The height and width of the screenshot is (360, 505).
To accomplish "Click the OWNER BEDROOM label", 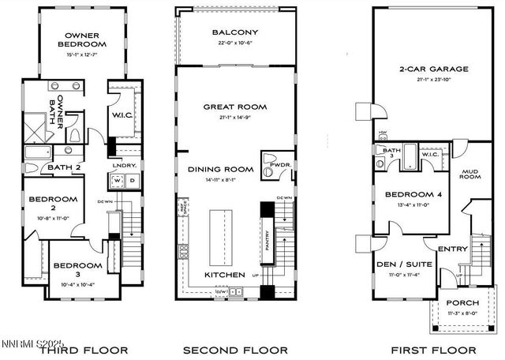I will pos(82,39).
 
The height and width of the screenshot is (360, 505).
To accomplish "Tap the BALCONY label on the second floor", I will pos(235,32).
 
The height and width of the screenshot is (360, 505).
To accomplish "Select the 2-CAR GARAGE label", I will pos(432,69).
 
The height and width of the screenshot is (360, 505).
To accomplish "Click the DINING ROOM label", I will pos(220,169).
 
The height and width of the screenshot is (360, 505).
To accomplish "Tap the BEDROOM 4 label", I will pos(413,194).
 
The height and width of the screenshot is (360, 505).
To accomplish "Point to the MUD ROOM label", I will pos(470,174).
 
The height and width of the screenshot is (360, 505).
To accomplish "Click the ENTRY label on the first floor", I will pos(452,249).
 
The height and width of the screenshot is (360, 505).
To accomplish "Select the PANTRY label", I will pos(267,234).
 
